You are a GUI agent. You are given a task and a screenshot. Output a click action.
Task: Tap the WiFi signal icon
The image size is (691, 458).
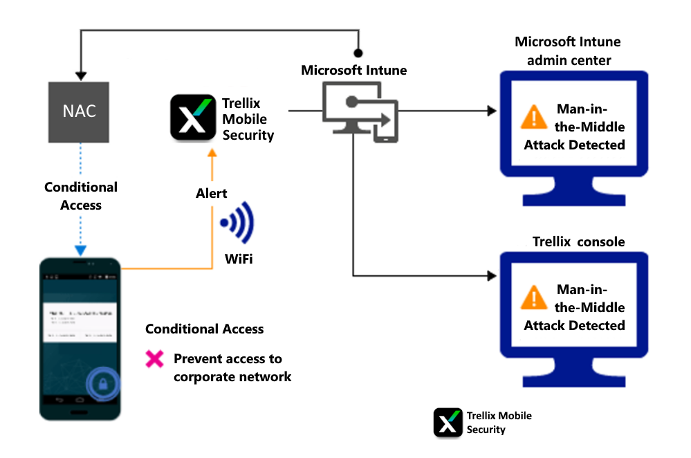[x=237, y=223]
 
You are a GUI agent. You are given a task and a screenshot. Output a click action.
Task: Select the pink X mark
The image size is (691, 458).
[x=154, y=359]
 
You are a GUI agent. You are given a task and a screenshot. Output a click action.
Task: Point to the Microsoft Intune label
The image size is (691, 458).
[x=354, y=71]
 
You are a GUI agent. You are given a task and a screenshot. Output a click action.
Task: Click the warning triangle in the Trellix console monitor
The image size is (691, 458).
[x=533, y=297]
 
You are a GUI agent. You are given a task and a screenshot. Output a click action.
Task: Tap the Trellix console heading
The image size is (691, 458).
[x=578, y=242]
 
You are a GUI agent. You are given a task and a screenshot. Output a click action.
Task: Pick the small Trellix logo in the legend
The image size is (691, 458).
[x=448, y=422]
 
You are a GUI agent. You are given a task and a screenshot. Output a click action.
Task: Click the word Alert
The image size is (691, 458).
[x=212, y=194]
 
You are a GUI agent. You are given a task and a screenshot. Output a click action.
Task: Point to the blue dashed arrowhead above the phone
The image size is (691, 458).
[x=81, y=250]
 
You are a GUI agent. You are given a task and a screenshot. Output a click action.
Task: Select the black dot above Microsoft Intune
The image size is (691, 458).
[x=358, y=52]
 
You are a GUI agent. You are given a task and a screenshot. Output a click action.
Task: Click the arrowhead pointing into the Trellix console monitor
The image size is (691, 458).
[x=492, y=276]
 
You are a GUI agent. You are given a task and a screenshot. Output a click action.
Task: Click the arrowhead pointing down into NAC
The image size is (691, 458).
[x=81, y=75]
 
